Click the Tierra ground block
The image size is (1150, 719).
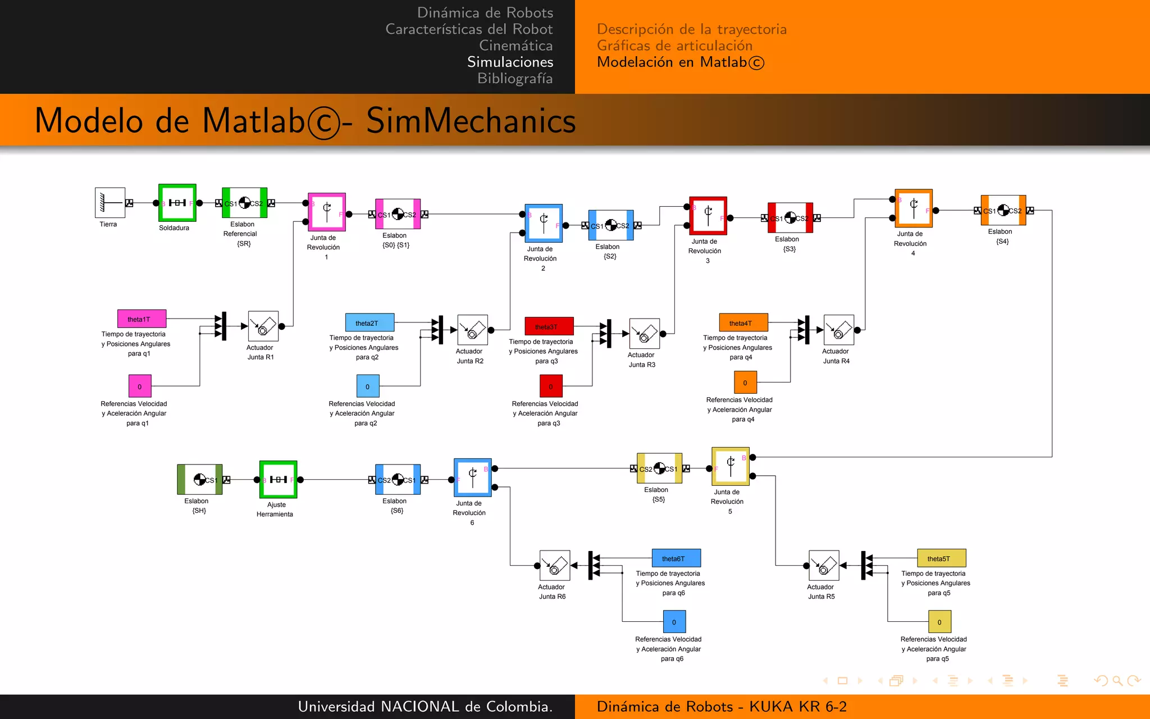pyautogui.click(x=109, y=203)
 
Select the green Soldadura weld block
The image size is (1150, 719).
pyautogui.click(x=177, y=203)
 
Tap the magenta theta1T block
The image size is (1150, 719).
pyautogui.click(x=142, y=318)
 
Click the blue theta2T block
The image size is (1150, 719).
pyautogui.click(x=369, y=322)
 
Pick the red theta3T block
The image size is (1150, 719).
pyautogui.click(x=549, y=326)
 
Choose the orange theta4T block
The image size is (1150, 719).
pyautogui.click(x=743, y=322)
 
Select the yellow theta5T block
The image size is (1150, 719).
pyautogui.click(x=941, y=558)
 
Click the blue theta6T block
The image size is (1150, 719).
pyautogui.click(x=676, y=558)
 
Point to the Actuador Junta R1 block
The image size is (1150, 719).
pyautogui.click(x=263, y=326)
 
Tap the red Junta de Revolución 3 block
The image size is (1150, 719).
pyautogui.click(x=708, y=216)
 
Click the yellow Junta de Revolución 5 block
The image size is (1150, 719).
pyautogui.click(x=730, y=466)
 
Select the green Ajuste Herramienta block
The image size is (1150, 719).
pyautogui.click(x=278, y=479)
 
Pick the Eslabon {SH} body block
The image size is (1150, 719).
pyautogui.click(x=200, y=479)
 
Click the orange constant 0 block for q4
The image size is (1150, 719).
pyautogui.click(x=745, y=383)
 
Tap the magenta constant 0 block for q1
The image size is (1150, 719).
pyautogui.click(x=140, y=386)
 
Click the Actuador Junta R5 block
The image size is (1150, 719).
pyautogui.click(x=824, y=565)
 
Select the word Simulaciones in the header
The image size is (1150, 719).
pyautogui.click(x=510, y=62)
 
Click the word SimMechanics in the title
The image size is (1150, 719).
pyautogui.click(x=471, y=121)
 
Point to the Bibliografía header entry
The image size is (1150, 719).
pyautogui.click(x=514, y=79)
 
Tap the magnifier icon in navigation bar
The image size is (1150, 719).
pyautogui.click(x=1117, y=681)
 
